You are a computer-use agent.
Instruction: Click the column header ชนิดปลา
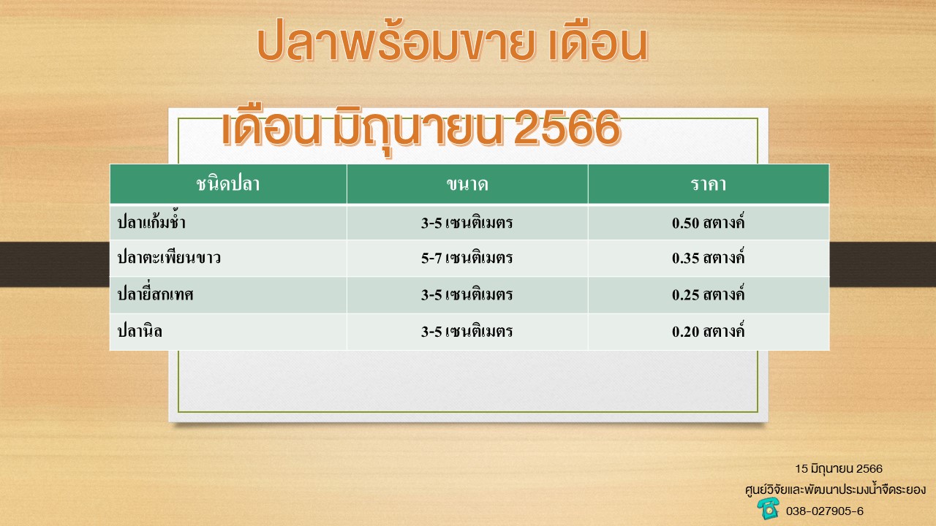pyautogui.click(x=227, y=184)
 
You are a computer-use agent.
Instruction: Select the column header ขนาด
pyautogui.click(x=467, y=184)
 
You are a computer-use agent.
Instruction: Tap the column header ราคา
pyautogui.click(x=709, y=184)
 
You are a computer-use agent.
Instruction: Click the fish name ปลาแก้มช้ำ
pyautogui.click(x=151, y=221)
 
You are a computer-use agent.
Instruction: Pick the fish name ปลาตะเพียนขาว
pyautogui.click(x=169, y=257)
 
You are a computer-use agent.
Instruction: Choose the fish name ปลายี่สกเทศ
pyautogui.click(x=155, y=294)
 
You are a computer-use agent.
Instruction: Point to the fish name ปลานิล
pyautogui.click(x=140, y=331)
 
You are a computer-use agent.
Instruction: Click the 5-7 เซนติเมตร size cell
pyautogui.click(x=467, y=258)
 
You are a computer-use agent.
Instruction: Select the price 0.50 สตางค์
pyautogui.click(x=709, y=221)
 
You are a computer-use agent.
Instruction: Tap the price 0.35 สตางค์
pyautogui.click(x=709, y=257)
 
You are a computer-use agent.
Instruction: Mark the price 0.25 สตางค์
pyautogui.click(x=709, y=294)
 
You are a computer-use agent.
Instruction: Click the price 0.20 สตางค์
pyautogui.click(x=709, y=331)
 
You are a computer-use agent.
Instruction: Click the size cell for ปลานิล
pyautogui.click(x=467, y=332)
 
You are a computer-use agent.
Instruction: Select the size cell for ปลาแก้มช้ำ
pyautogui.click(x=467, y=223)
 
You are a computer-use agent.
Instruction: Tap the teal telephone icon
pyautogui.click(x=768, y=508)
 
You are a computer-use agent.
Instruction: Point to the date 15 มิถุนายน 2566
pyautogui.click(x=839, y=469)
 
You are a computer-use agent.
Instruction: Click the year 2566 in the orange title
pyautogui.click(x=567, y=127)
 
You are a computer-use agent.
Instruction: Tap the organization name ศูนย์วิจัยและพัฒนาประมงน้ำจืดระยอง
pyautogui.click(x=835, y=489)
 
